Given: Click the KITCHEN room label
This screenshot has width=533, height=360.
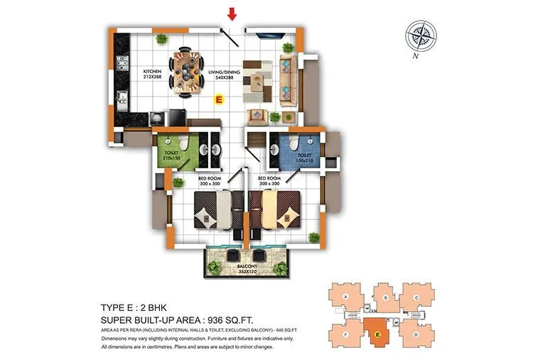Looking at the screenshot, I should tap(153, 73).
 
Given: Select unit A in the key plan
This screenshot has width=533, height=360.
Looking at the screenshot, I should tap(346, 296).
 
